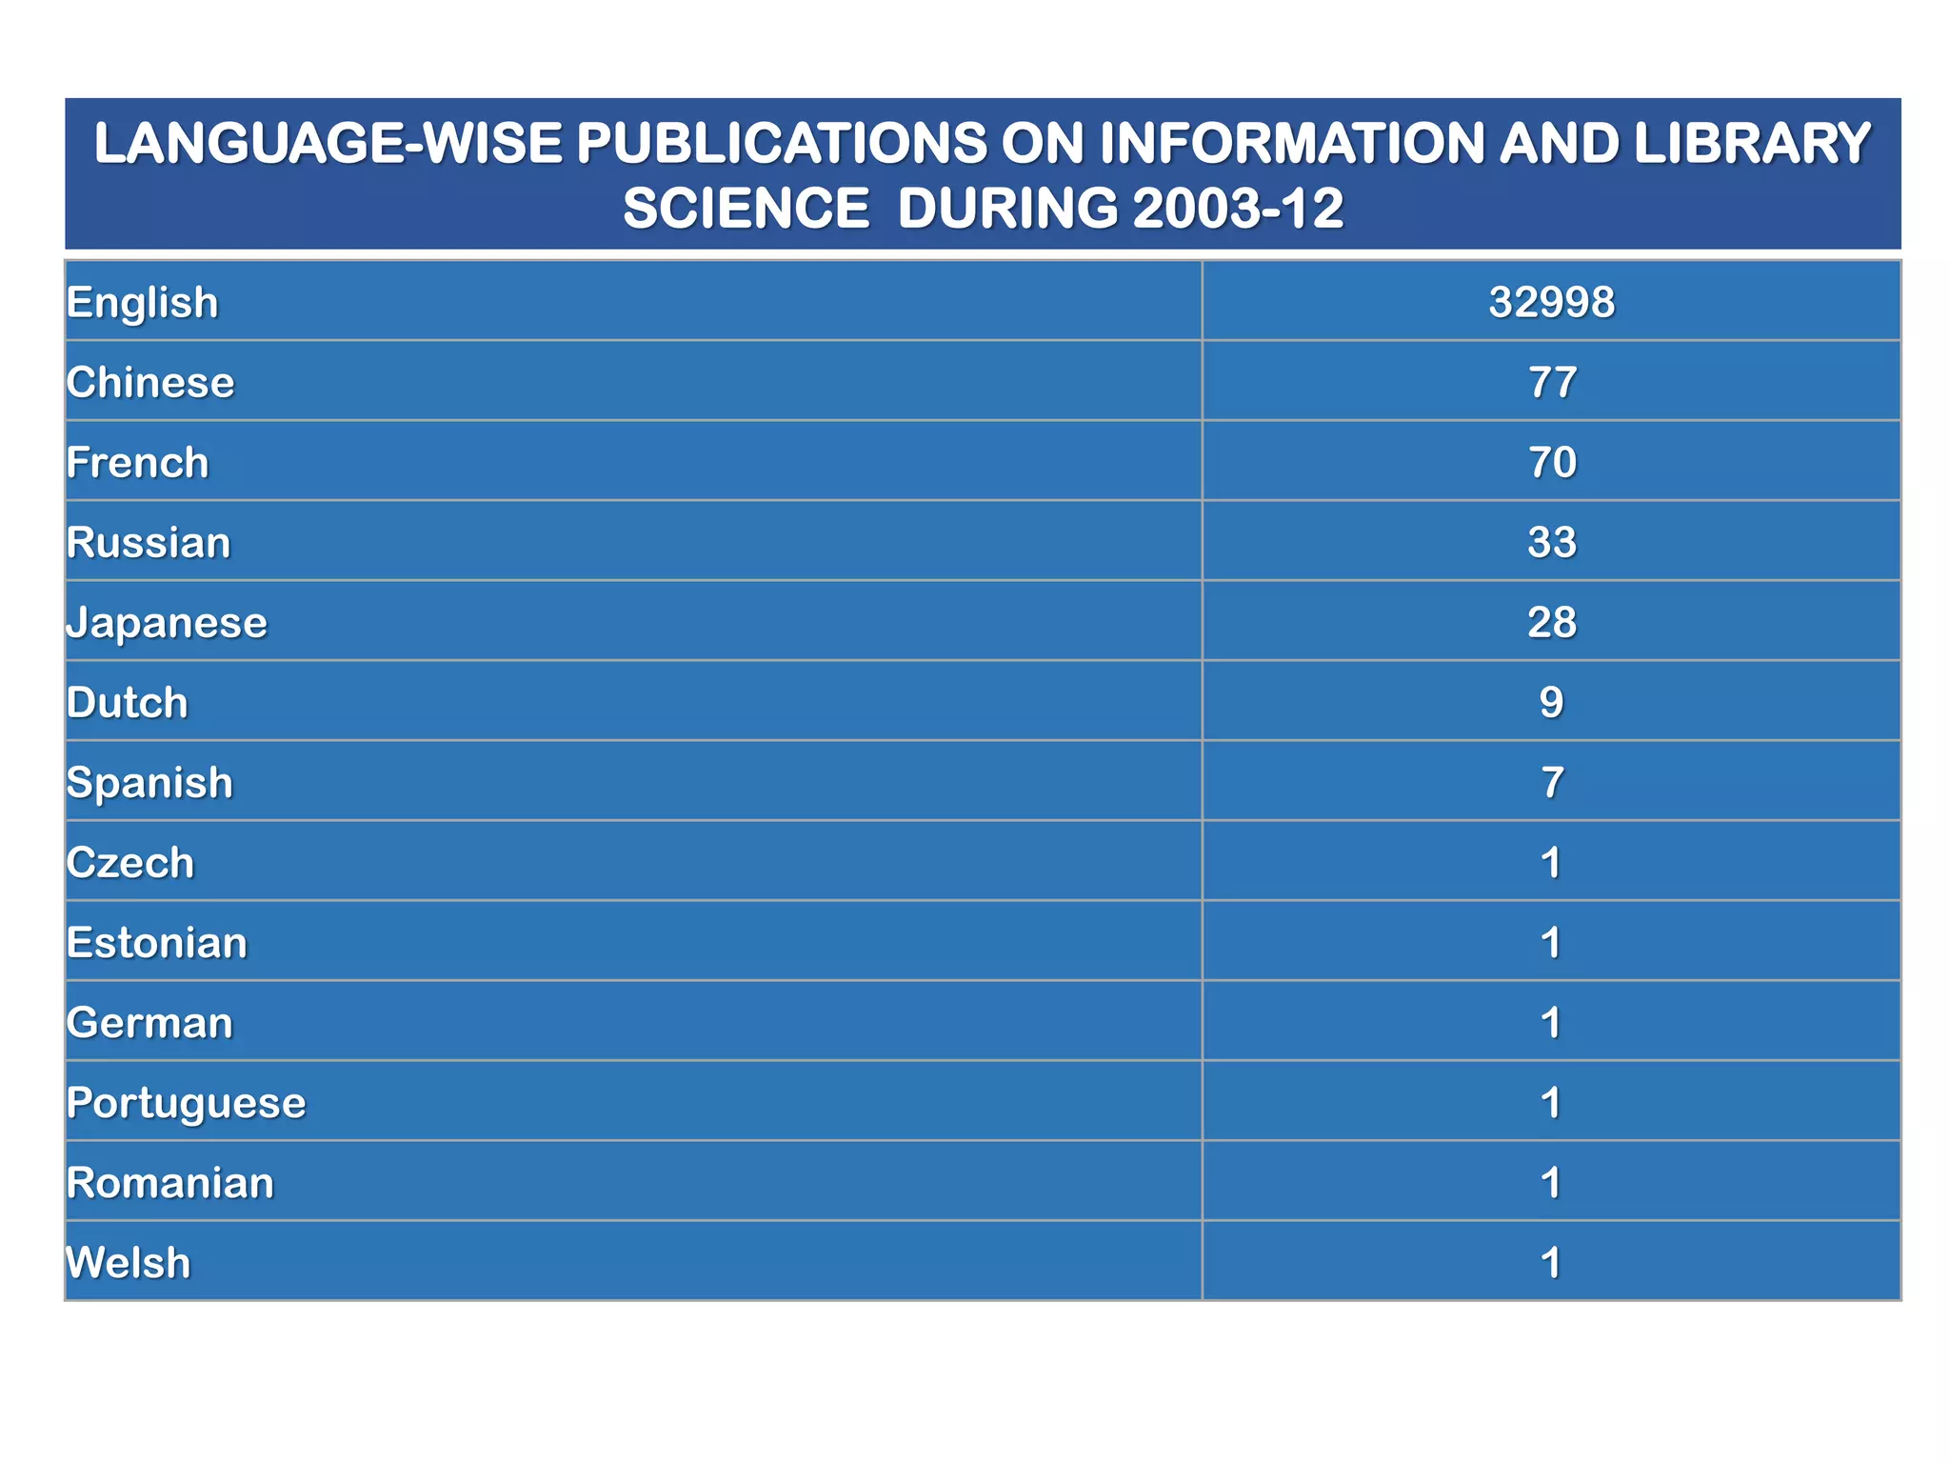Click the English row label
point(143,303)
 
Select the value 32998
point(1551,303)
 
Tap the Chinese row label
point(150,383)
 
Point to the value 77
point(1551,383)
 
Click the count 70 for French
point(1551,463)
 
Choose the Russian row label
point(149,543)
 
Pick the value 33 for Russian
point(1551,543)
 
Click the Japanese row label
point(167,624)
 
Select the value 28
point(1551,623)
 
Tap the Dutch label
point(128,703)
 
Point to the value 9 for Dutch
point(1551,703)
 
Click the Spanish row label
point(149,783)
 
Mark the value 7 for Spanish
point(1551,783)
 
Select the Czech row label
point(130,863)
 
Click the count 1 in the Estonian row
point(1551,943)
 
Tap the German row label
point(149,1023)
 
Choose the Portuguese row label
point(187,1104)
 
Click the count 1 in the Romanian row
point(1551,1183)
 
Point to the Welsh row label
point(129,1263)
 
